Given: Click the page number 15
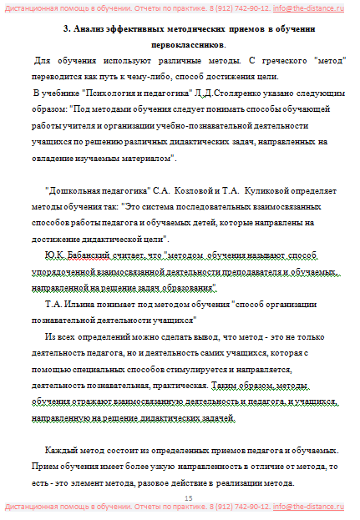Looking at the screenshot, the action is click(188, 498).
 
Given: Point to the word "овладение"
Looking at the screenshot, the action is click(52, 158).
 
